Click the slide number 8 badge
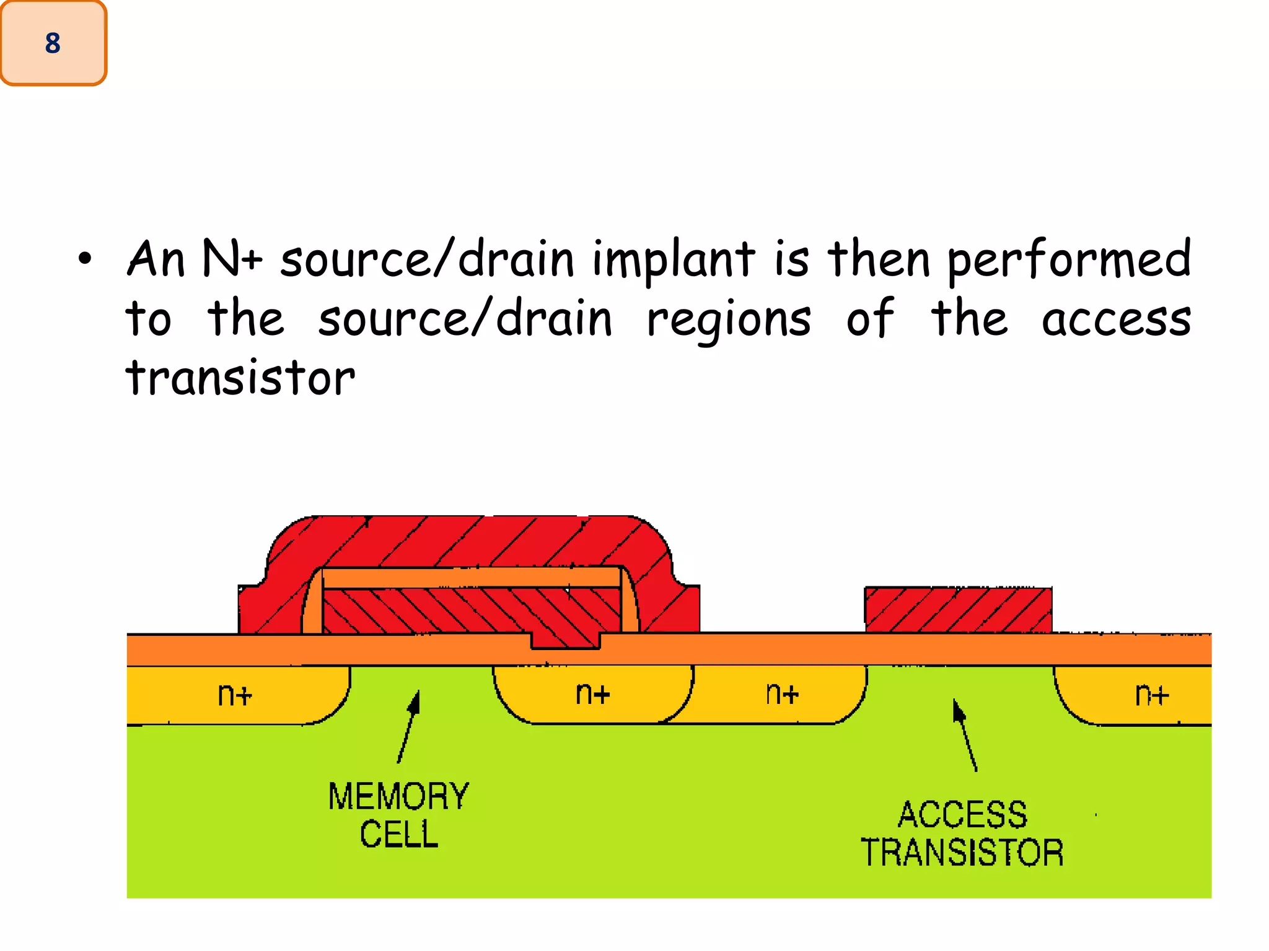pyautogui.click(x=53, y=43)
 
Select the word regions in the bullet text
pyautogui.click(x=729, y=321)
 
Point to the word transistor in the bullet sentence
pyautogui.click(x=240, y=378)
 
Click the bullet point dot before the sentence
pyautogui.click(x=85, y=259)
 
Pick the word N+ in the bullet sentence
pyautogui.click(x=232, y=259)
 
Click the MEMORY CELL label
pyautogui.click(x=398, y=815)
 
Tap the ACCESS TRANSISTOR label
pyautogui.click(x=962, y=833)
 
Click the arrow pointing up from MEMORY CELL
pyautogui.click(x=409, y=726)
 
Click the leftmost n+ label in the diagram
pyautogui.click(x=235, y=695)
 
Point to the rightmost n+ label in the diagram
pyautogui.click(x=1152, y=695)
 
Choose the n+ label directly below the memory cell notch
pyautogui.click(x=593, y=694)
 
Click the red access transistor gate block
pyautogui.click(x=958, y=610)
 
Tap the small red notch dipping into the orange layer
pyautogui.click(x=565, y=641)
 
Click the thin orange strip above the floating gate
pyautogui.click(x=471, y=577)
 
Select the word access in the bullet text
pyautogui.click(x=1116, y=321)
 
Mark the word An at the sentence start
pyautogui.click(x=156, y=259)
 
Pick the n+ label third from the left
pyautogui.click(x=782, y=694)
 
